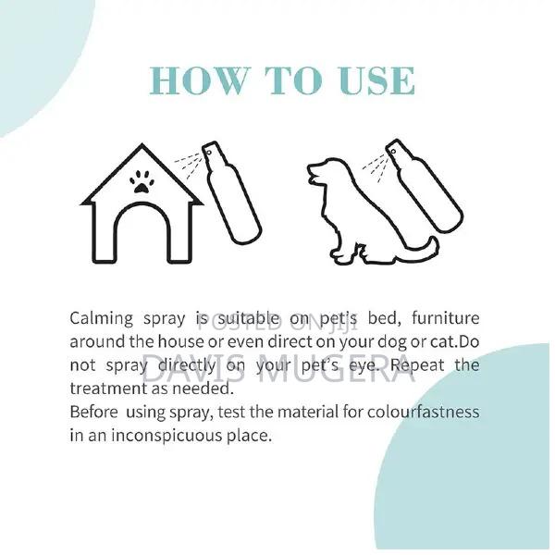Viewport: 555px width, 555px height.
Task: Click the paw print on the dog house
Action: [141, 180]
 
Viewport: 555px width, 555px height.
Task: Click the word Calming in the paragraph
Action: [102, 319]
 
